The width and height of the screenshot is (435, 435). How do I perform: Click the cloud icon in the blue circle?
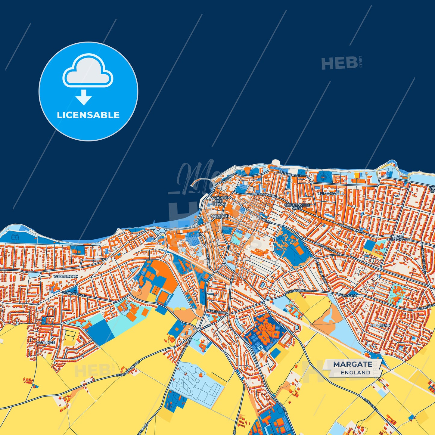88,71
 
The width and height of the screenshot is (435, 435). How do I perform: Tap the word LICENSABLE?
88,115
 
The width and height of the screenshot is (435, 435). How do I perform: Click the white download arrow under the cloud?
84,98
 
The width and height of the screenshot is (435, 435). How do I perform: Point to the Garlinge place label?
45,343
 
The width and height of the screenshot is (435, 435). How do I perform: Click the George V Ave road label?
73,294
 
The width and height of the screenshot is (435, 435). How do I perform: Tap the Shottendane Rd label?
128,369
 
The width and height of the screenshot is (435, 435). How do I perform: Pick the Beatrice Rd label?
216,312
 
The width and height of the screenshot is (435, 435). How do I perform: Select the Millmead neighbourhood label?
380,325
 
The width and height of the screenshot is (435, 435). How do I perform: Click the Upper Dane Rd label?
321,272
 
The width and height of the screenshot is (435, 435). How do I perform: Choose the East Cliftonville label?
399,238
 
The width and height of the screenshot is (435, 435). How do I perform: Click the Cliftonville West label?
297,207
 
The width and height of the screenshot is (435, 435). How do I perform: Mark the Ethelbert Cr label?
290,174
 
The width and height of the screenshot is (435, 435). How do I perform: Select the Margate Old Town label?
219,201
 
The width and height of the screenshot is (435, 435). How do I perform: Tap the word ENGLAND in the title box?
356,372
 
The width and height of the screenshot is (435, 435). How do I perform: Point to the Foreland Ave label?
423,260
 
